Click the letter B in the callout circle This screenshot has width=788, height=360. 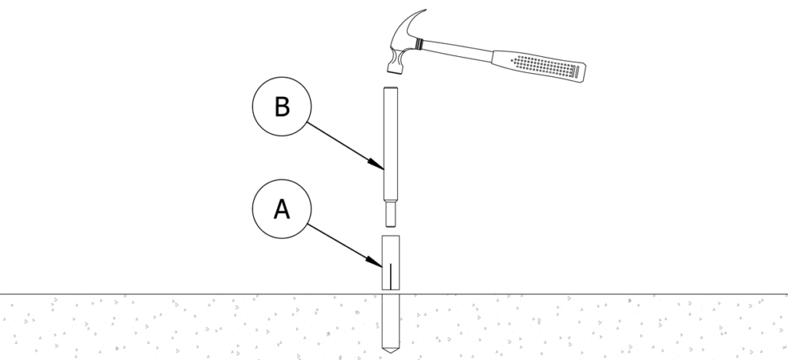282,108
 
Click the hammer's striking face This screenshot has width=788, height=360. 396,70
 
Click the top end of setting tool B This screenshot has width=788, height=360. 392,91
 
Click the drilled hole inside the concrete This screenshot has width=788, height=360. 392,319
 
